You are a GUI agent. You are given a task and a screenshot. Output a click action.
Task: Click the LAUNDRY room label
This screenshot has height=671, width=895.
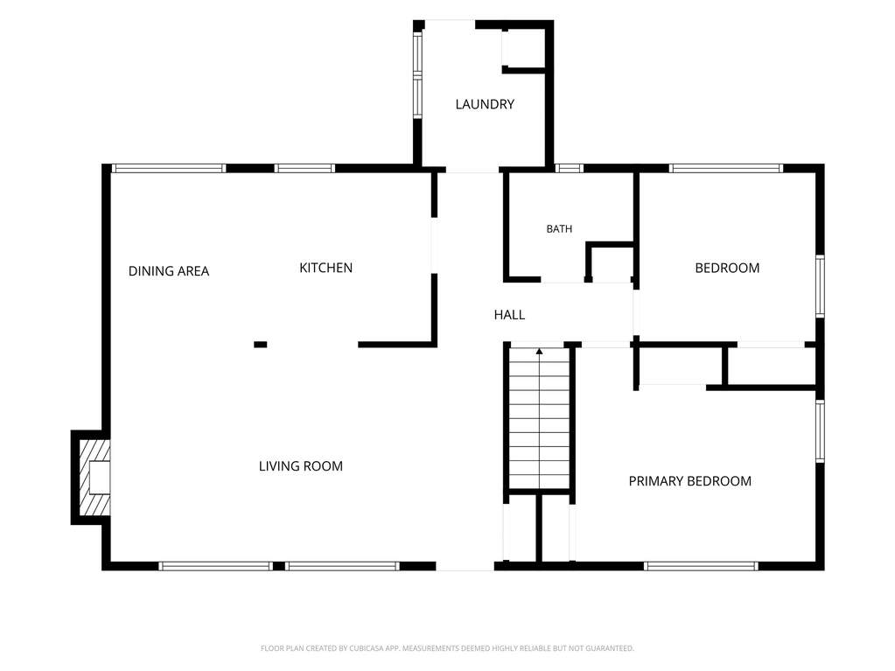[x=485, y=104]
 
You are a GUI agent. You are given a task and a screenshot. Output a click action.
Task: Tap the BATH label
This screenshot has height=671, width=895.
[x=559, y=229]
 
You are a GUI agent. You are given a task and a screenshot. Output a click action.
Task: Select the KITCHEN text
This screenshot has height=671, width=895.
[x=326, y=268]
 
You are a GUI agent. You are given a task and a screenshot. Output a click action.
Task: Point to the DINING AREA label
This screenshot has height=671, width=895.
[x=168, y=271]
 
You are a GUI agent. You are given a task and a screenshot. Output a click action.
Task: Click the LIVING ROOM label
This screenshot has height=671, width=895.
[x=301, y=466]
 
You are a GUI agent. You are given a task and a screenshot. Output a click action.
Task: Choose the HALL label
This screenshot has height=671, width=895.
[x=509, y=314]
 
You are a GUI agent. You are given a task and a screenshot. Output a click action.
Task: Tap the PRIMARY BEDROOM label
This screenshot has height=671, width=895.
[x=689, y=481]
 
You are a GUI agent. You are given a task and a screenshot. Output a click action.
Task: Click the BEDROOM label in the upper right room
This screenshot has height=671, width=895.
[x=727, y=269]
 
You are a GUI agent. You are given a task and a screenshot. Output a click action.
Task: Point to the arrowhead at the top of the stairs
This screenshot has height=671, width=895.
[x=540, y=351]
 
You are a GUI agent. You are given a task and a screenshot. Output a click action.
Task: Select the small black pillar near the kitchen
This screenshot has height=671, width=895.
[x=261, y=344]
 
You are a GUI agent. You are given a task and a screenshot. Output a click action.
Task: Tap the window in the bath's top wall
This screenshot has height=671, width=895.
[x=569, y=168]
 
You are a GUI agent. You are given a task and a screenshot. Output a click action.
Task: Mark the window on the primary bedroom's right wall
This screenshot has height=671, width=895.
[x=821, y=430]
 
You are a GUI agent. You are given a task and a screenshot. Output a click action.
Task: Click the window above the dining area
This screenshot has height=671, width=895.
[x=168, y=168]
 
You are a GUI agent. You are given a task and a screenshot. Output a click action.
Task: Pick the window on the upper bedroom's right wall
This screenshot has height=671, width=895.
[x=821, y=286]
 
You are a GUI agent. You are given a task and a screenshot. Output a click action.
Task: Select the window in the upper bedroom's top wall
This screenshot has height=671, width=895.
[x=725, y=168]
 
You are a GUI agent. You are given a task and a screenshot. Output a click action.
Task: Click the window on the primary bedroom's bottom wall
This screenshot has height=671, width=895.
[x=701, y=566]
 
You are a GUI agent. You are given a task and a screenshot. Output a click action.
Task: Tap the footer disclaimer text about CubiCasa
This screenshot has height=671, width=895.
[x=447, y=648]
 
